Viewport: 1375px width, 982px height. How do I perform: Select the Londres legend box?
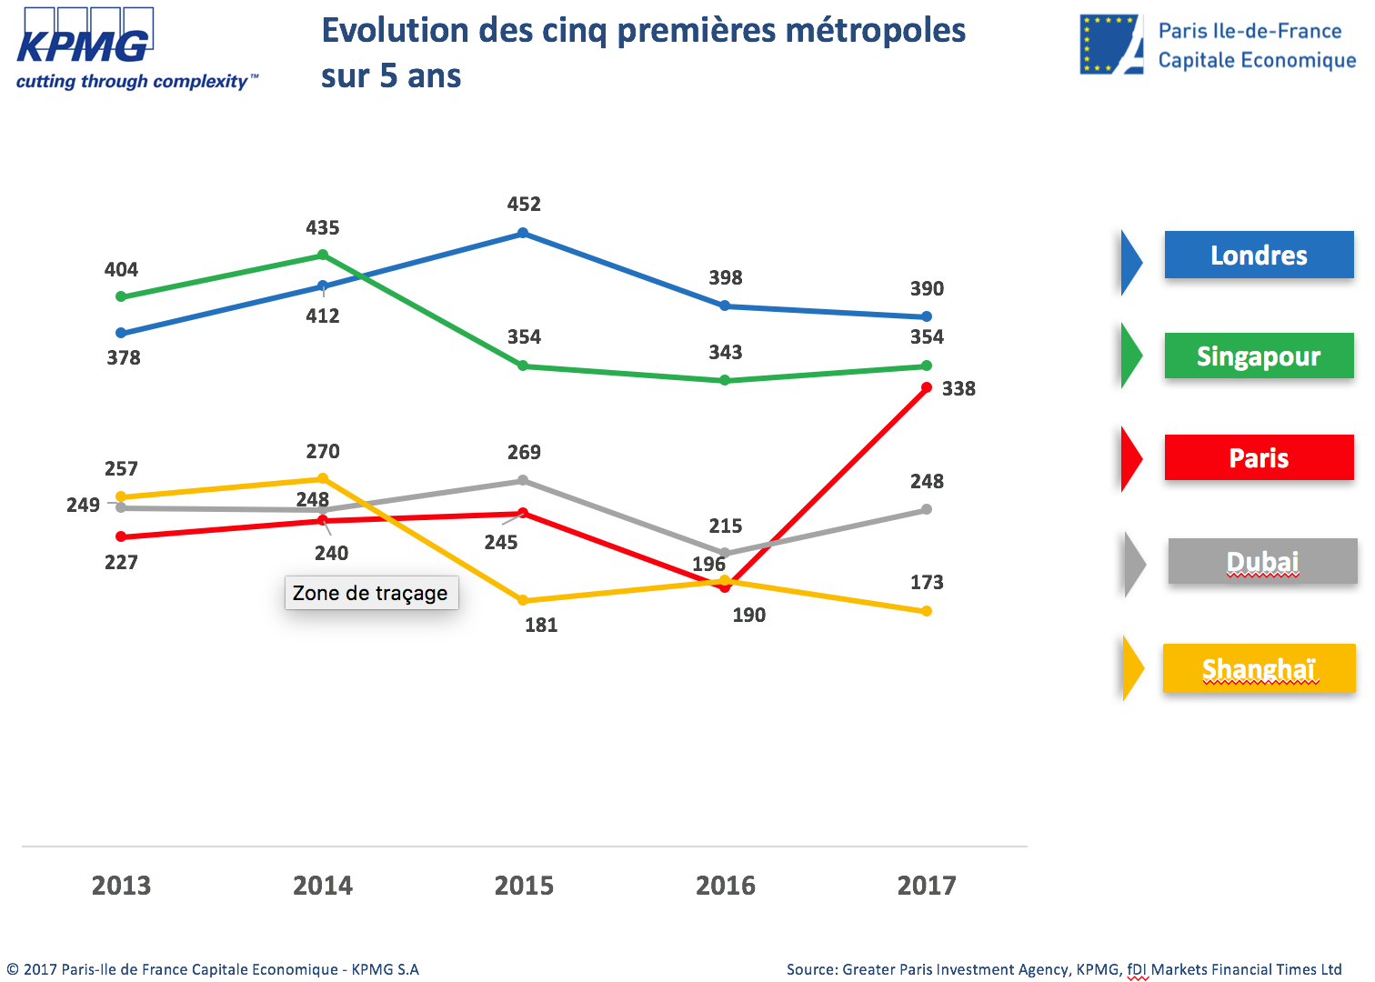click(1259, 256)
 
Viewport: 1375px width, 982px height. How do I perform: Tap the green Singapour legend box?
click(1259, 356)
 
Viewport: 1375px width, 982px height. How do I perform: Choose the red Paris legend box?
click(1259, 457)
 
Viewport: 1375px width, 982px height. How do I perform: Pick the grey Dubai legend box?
click(1262, 562)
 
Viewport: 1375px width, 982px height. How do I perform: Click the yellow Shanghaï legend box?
click(1259, 669)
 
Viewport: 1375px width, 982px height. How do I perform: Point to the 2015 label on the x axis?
click(524, 886)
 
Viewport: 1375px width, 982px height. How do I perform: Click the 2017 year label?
click(927, 886)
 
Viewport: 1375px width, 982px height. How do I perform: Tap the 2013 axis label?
click(121, 886)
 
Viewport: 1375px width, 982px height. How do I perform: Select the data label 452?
click(524, 205)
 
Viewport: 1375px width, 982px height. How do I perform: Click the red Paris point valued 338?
click(927, 388)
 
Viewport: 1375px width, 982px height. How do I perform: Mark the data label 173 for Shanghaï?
click(927, 583)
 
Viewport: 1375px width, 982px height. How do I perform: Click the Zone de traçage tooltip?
click(371, 593)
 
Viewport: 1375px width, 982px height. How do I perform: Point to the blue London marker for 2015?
click(523, 234)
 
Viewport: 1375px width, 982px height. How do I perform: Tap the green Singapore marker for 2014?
click(323, 256)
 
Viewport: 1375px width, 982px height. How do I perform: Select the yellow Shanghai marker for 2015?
click(523, 601)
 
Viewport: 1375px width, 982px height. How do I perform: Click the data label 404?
click(121, 270)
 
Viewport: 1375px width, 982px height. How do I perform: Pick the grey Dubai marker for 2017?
click(927, 509)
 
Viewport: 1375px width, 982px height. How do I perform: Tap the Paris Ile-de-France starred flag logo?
click(1110, 45)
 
